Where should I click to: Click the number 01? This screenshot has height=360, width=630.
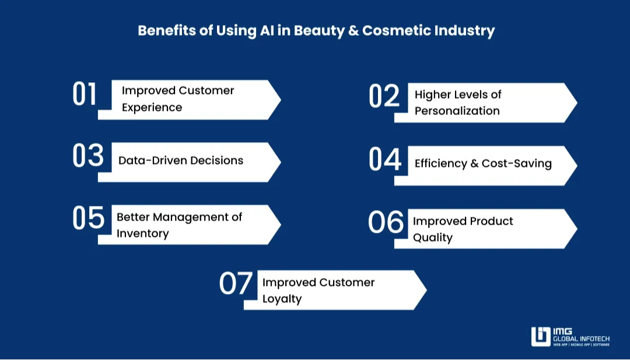point(85,94)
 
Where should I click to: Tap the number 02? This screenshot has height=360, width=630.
point(384,97)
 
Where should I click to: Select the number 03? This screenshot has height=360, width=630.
point(88,156)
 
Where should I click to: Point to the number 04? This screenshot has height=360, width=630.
point(386,159)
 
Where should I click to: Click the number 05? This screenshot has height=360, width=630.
point(88,218)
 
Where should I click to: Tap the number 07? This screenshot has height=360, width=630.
point(236,283)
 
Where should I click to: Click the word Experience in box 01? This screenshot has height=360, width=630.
point(152,107)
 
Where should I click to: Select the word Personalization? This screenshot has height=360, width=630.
point(457,111)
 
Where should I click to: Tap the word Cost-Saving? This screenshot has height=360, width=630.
point(516,163)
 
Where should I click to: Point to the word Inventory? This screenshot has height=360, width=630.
point(142,233)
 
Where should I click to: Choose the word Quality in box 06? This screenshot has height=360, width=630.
point(432,237)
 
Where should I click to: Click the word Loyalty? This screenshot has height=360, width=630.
point(282,299)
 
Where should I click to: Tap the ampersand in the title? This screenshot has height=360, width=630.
point(352,30)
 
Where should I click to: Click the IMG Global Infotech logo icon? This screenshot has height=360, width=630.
point(540,337)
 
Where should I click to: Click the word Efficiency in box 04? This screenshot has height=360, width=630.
point(440,163)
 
